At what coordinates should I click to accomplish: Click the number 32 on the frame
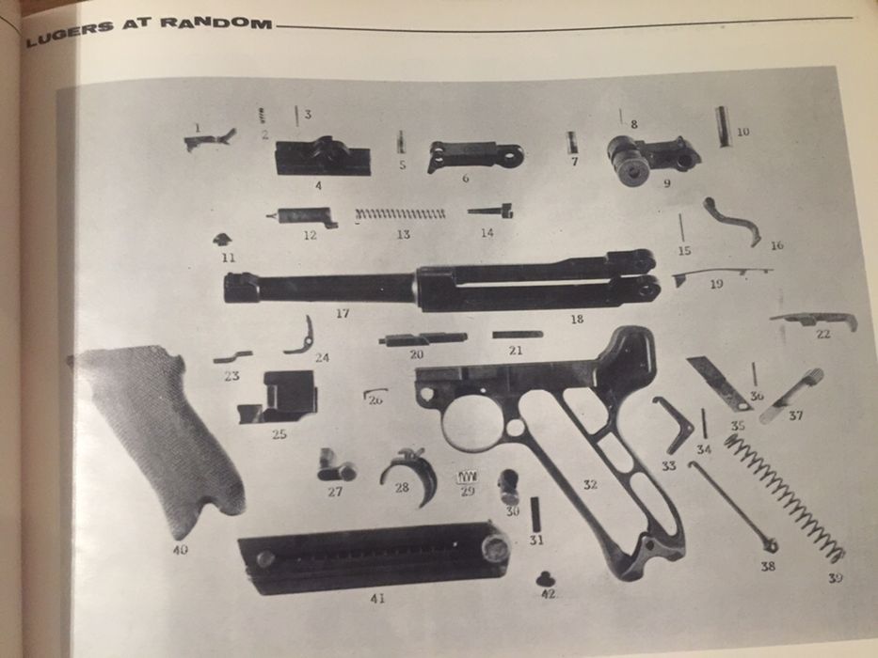[x=590, y=485]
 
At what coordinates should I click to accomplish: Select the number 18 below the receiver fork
[x=577, y=320]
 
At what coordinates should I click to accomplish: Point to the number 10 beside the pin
[x=742, y=133]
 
